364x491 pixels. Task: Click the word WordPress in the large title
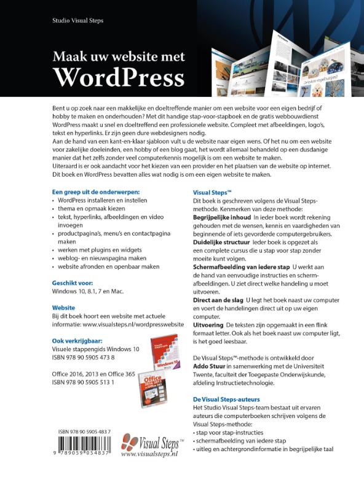click(x=118, y=78)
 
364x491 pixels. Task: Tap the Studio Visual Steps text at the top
click(x=78, y=21)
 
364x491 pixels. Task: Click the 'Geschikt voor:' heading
click(x=71, y=283)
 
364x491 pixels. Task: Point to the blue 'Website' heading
click(x=64, y=307)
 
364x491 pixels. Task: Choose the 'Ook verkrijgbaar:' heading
click(x=77, y=340)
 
